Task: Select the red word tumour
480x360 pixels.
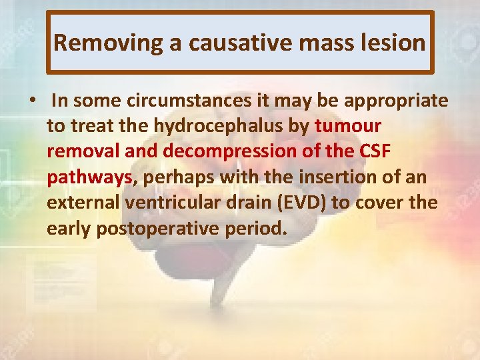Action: (348, 126)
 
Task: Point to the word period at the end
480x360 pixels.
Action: (256, 229)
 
